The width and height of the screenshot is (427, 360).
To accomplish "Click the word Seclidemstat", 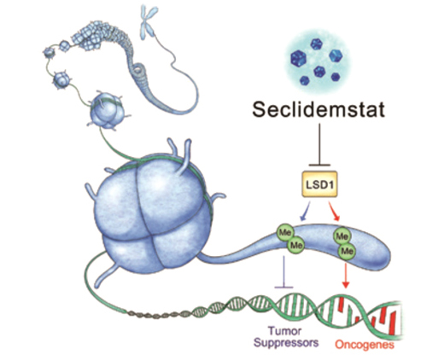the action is (319, 109).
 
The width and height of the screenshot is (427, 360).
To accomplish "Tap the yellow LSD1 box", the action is (319, 184).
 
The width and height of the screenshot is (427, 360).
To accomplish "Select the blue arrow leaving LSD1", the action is (306, 212).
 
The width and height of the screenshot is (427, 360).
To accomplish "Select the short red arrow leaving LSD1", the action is (334, 212).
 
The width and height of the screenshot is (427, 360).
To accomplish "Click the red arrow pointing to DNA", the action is (346, 276).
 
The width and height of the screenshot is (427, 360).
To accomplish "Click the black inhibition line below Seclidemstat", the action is (319, 144).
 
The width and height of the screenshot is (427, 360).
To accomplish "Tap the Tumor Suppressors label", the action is (286, 337).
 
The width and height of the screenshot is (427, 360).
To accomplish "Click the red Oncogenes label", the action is (365, 345).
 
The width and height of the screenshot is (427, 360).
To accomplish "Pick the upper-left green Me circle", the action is (285, 233).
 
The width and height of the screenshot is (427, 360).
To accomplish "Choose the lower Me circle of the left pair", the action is (295, 245).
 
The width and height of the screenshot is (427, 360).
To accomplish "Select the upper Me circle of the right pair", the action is (342, 235).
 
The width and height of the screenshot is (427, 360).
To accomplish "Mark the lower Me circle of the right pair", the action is (347, 251).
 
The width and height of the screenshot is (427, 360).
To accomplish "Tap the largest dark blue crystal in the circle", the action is (298, 59).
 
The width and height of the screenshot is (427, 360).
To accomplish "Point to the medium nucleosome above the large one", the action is (107, 109).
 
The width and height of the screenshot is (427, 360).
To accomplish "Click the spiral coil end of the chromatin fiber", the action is (139, 68).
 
